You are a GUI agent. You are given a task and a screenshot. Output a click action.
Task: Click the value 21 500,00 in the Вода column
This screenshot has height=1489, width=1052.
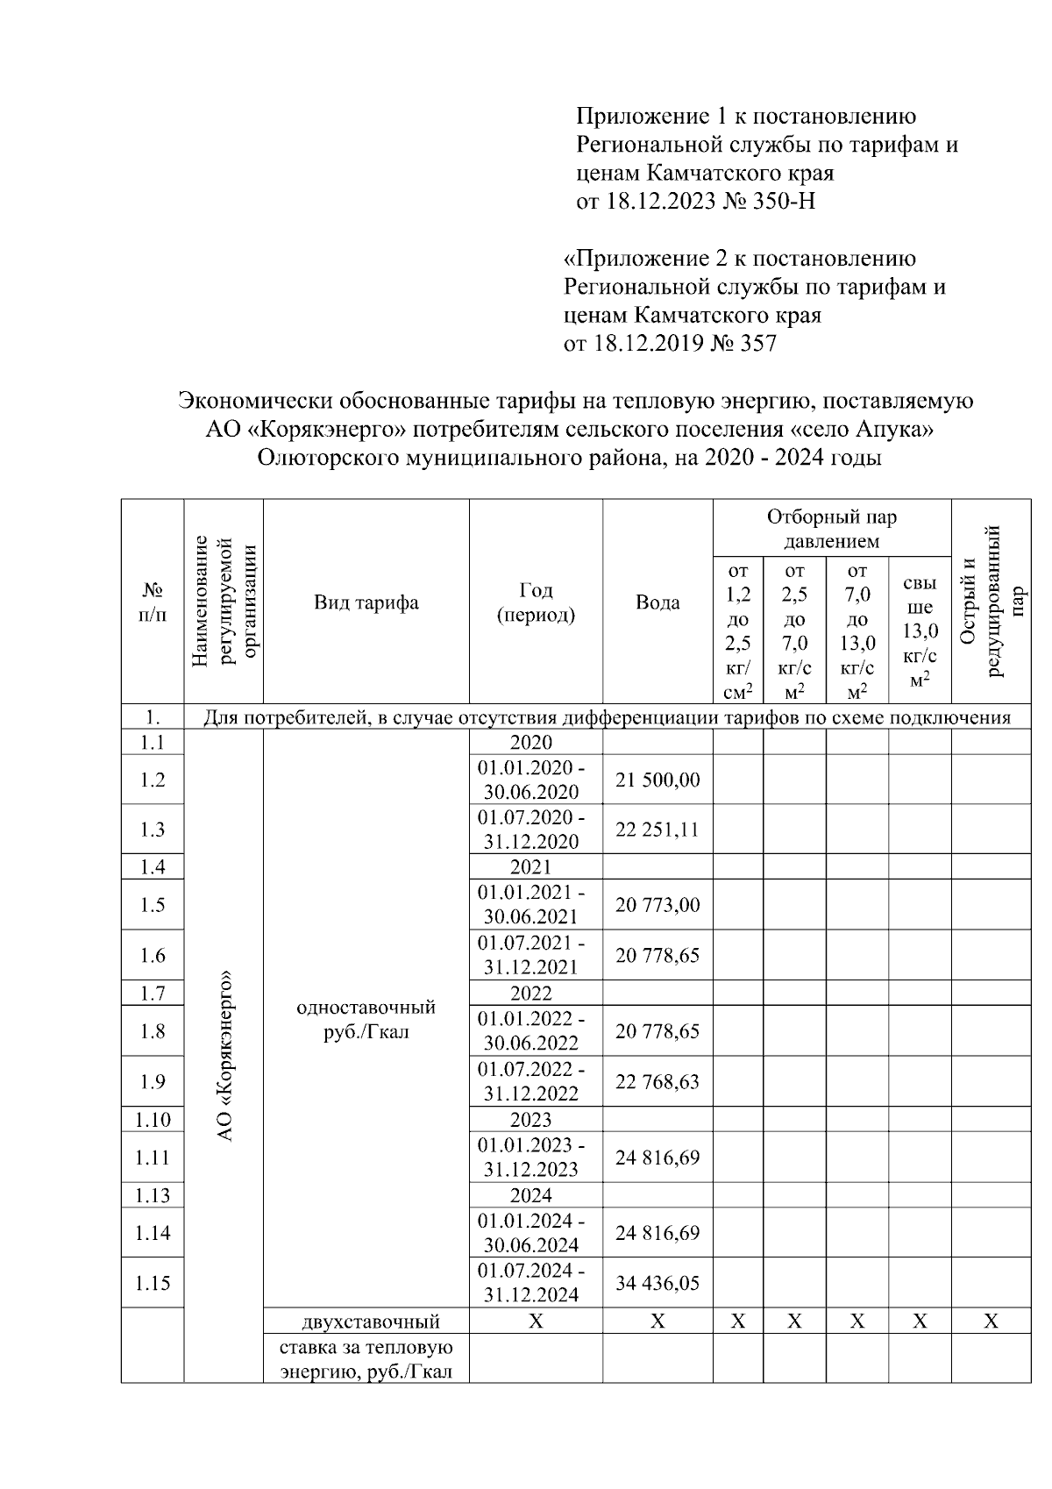coord(657,780)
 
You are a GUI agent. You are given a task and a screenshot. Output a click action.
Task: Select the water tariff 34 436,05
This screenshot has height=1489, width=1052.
coord(657,1283)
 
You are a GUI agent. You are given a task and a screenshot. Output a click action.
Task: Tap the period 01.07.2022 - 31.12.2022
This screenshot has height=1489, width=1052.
coord(531,1081)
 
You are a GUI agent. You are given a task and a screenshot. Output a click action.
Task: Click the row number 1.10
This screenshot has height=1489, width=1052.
coord(153,1120)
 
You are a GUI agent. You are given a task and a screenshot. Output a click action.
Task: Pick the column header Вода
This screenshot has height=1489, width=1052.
coord(657,602)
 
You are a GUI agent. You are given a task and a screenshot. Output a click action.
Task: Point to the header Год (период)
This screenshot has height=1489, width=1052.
coord(536,602)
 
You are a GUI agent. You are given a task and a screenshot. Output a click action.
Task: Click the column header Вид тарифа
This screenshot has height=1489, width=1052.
coord(366,602)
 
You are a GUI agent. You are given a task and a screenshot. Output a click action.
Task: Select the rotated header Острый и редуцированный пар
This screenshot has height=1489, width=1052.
coord(991,602)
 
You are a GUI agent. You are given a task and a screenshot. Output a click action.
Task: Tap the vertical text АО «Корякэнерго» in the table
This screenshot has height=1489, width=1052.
coord(224,1056)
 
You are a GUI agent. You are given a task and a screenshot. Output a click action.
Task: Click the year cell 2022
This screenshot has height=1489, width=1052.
coord(531,994)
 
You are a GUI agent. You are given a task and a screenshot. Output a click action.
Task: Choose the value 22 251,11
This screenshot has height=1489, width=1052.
coord(657,830)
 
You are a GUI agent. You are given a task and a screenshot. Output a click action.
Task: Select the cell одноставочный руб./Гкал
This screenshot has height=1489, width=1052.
coord(366,1019)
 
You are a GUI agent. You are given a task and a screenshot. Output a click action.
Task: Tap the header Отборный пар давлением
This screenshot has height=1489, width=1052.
coord(831,529)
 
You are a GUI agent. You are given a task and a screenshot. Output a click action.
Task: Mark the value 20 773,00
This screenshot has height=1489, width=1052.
coord(657,905)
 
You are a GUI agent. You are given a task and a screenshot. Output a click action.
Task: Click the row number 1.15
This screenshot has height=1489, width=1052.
coord(153,1283)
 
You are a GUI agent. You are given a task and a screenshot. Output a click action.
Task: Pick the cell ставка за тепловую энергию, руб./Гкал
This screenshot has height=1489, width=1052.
coord(366,1359)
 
